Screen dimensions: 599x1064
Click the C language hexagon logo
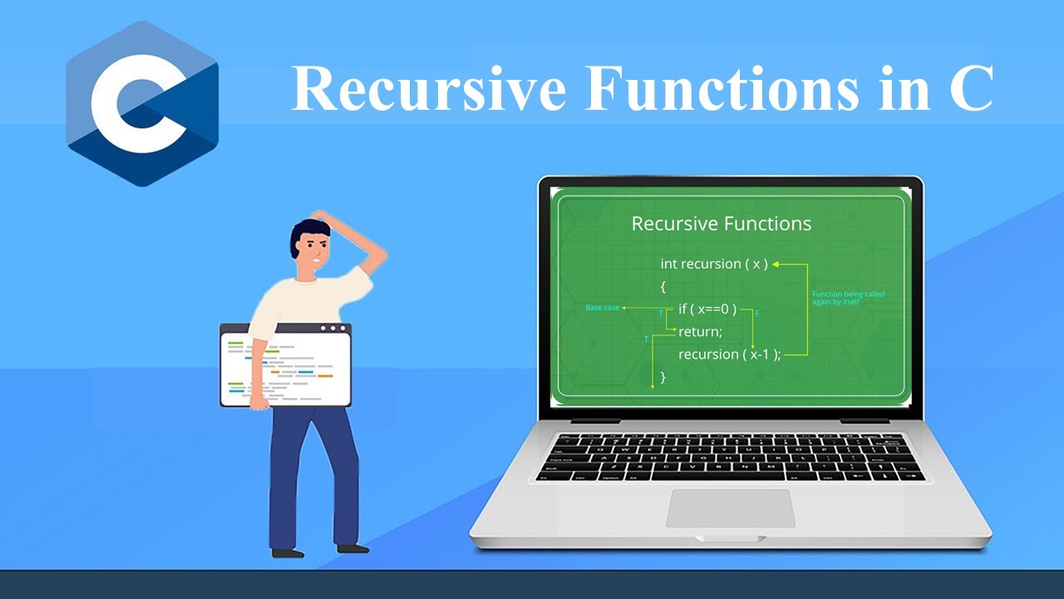pos(142,104)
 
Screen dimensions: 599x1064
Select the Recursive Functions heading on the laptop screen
pos(721,224)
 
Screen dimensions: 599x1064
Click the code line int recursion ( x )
pos(713,264)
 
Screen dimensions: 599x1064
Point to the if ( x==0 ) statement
pos(707,309)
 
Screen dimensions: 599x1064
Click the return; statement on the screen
pos(700,332)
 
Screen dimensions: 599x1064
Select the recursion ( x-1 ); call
pos(729,354)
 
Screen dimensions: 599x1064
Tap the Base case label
pos(603,308)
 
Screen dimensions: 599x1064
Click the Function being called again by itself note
pos(848,297)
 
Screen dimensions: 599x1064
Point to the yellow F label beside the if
pos(757,314)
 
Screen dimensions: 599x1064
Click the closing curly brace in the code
pos(663,377)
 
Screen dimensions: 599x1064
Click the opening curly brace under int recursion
pos(663,287)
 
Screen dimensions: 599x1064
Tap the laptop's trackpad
pos(731,508)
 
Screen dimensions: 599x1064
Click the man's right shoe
pos(353,548)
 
